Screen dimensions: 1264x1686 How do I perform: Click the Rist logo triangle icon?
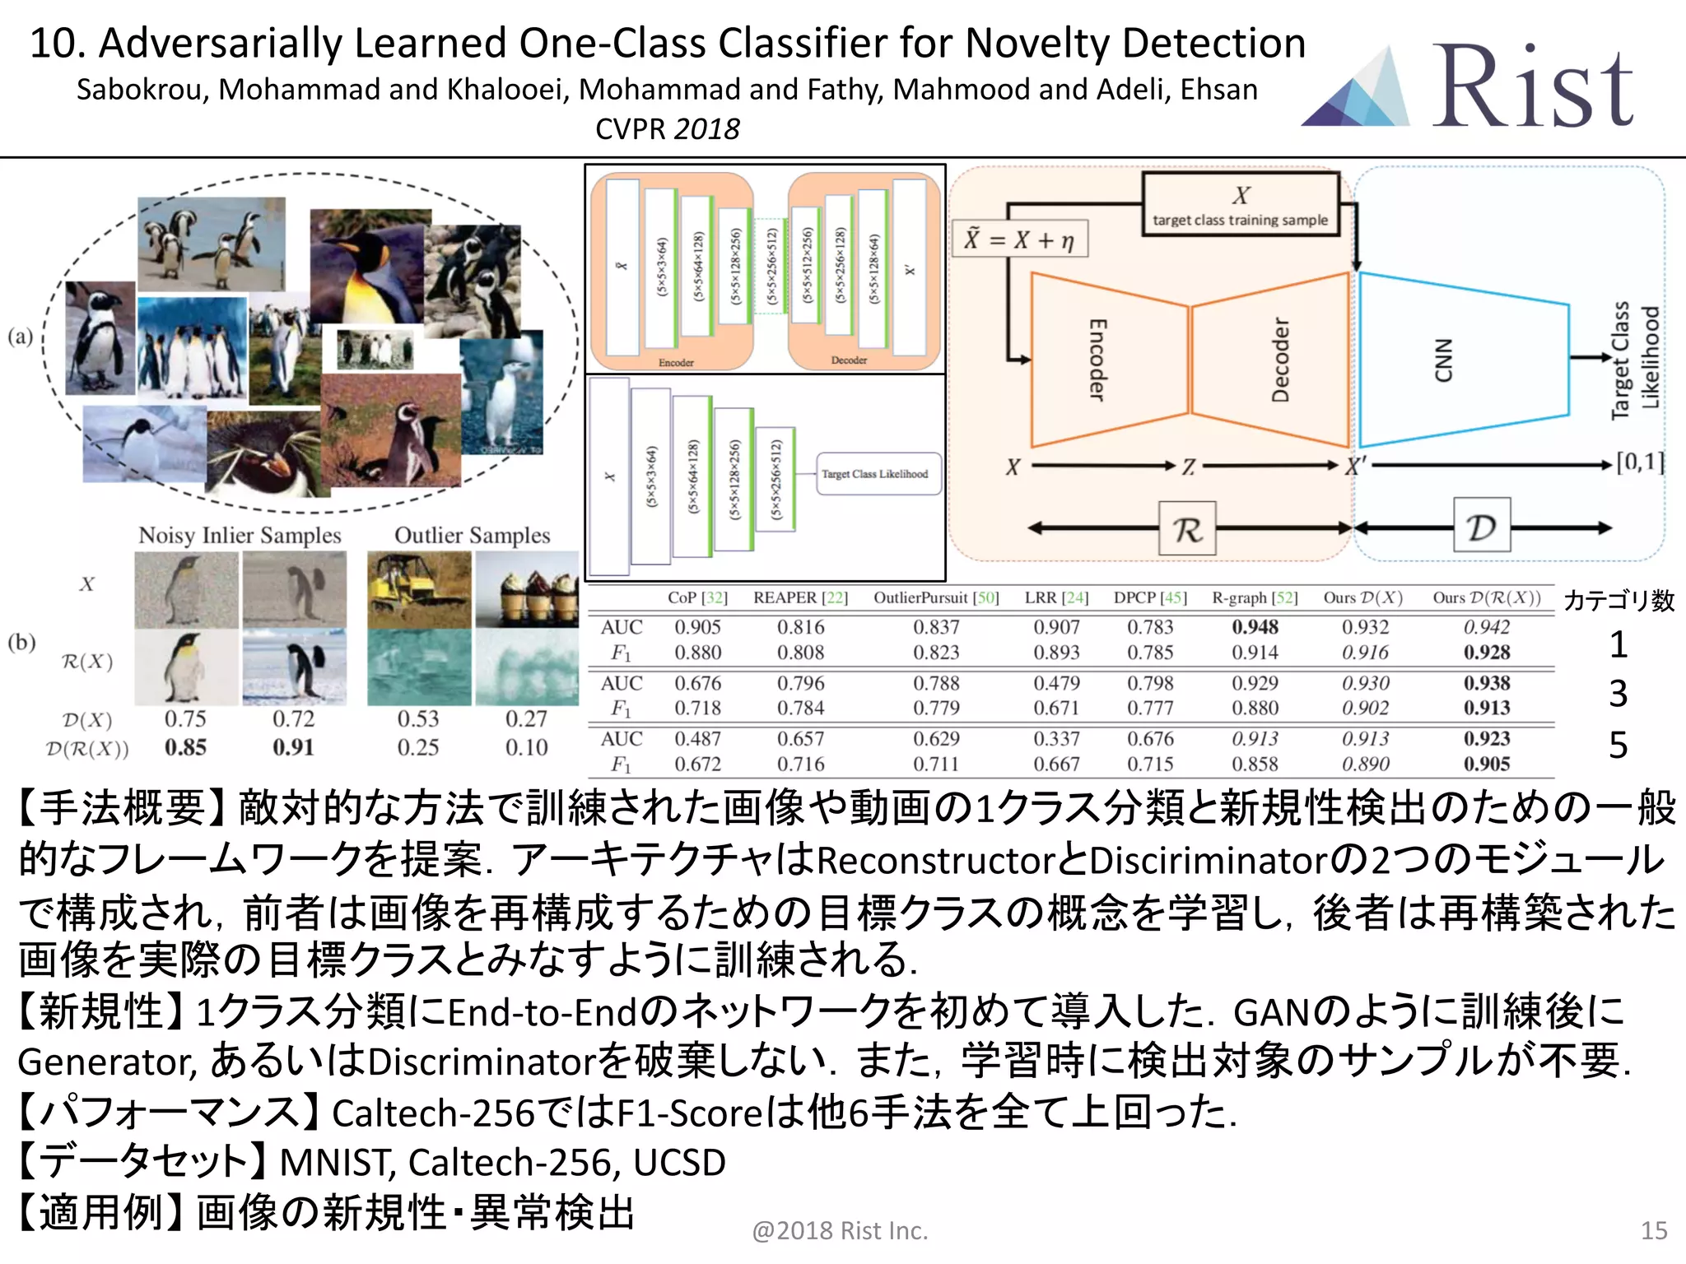(x=1358, y=91)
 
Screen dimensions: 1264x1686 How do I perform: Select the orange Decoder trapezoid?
(x=1272, y=360)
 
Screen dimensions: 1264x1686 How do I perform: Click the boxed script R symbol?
(x=1187, y=528)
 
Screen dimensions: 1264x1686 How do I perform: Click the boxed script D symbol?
(x=1481, y=526)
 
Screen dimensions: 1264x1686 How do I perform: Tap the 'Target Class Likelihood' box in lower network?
(x=878, y=474)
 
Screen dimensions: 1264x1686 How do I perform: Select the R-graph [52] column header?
(x=1254, y=598)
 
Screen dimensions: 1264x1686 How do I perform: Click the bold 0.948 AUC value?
(x=1255, y=627)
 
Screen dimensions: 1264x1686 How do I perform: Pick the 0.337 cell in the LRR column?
(x=1056, y=739)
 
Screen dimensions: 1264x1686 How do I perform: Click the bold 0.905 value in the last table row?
(x=1487, y=764)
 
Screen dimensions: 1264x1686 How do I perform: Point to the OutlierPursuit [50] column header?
(x=936, y=598)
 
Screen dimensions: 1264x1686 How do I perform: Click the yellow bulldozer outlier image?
(x=419, y=589)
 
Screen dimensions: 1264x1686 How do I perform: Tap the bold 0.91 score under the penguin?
(x=293, y=748)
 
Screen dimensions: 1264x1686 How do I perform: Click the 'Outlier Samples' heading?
(x=472, y=536)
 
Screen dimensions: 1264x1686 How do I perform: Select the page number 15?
(x=1654, y=1230)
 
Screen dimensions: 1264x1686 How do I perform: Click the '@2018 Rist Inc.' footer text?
(x=840, y=1230)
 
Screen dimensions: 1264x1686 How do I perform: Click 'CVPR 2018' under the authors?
(x=668, y=129)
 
